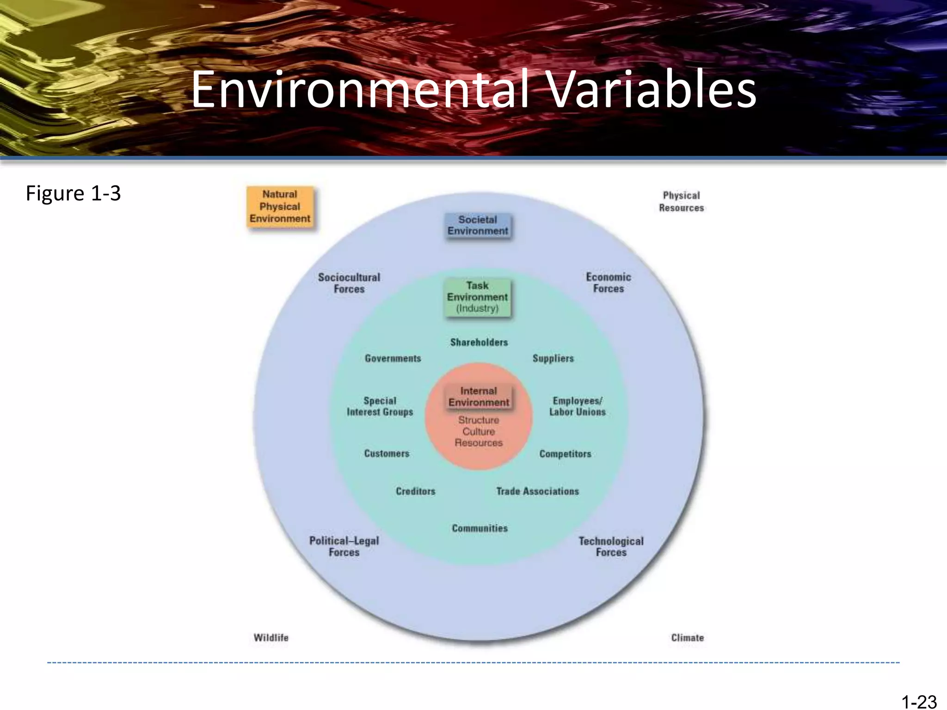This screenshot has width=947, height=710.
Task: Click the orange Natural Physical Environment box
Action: coord(280,207)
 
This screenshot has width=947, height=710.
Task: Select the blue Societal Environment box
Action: coord(478,225)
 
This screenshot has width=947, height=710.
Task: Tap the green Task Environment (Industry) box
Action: coord(477,297)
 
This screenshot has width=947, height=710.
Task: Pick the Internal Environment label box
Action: coord(479,397)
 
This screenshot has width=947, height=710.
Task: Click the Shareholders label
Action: coord(479,343)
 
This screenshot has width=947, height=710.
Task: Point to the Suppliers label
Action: coord(553,358)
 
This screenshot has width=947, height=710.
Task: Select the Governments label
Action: coord(393,358)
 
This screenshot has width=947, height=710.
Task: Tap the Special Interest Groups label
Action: coord(380,406)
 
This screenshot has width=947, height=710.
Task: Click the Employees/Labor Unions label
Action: coord(578,406)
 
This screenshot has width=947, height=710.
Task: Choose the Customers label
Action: coord(387,453)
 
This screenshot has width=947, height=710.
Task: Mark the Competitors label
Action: coord(565,454)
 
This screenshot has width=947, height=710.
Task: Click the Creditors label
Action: coord(416,491)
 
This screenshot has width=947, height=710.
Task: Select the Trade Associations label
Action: coord(538,491)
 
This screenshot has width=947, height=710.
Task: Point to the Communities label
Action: coord(480,528)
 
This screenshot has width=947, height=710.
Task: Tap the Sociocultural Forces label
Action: coord(349,283)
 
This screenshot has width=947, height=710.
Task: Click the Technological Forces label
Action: coord(611,546)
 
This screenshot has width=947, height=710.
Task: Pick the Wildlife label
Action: coord(271,638)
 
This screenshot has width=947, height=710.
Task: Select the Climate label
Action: coord(687,638)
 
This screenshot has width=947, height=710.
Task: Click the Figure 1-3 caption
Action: coord(73,193)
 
